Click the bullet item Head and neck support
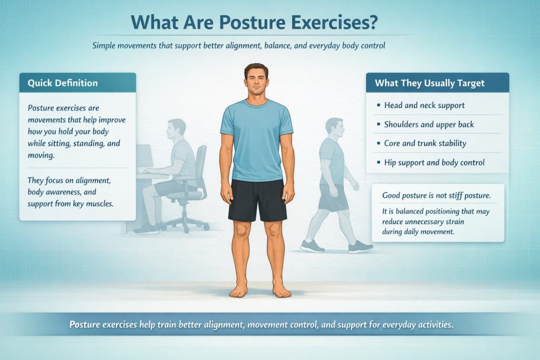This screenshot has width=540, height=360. [x=425, y=105]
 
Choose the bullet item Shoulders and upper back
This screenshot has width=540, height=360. [x=429, y=124]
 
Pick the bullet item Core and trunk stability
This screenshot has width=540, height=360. [x=425, y=143]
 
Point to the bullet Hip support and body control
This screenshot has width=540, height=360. [x=434, y=162]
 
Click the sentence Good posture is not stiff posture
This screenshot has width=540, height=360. [x=436, y=196]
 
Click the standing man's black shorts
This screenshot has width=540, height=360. [x=257, y=200]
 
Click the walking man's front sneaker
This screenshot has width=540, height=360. [x=360, y=247]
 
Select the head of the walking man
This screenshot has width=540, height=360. [x=334, y=127]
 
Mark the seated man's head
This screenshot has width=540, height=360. [x=177, y=128]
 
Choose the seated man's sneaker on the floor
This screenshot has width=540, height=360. [x=146, y=228]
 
